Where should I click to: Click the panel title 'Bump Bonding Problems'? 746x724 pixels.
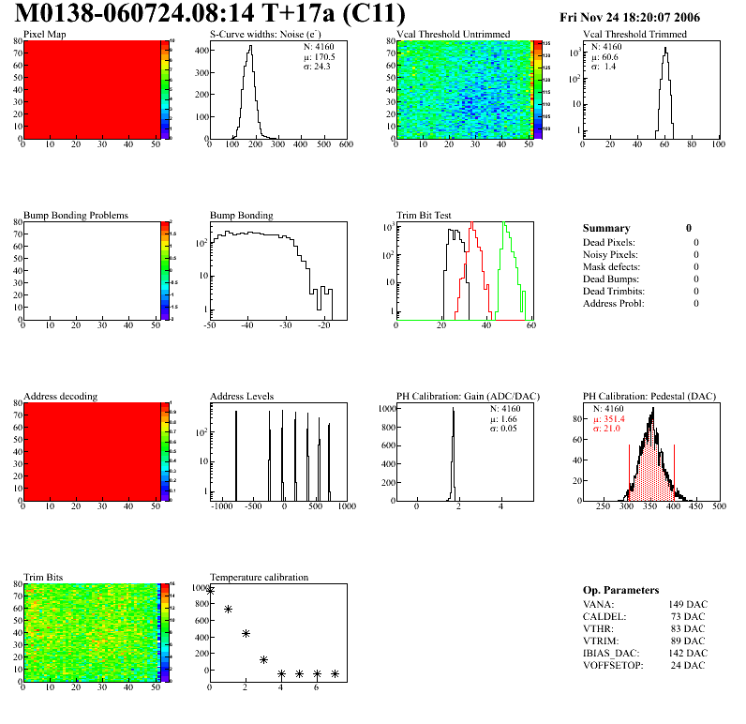pyautogui.click(x=76, y=215)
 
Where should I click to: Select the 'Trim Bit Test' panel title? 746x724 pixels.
pyautogui.click(x=424, y=215)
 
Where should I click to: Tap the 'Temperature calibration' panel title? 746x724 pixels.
pyautogui.click(x=259, y=577)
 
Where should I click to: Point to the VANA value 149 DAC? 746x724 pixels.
pyautogui.click(x=689, y=604)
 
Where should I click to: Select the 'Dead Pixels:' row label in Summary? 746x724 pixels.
pyautogui.click(x=610, y=242)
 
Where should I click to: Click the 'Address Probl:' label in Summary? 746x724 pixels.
pyautogui.click(x=615, y=303)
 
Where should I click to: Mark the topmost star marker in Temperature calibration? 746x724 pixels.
pyautogui.click(x=210, y=590)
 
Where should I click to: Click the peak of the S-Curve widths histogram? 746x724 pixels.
pyautogui.click(x=249, y=47)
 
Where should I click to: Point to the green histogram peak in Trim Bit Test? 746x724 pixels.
pyautogui.click(x=504, y=223)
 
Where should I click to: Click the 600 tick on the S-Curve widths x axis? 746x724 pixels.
pyautogui.click(x=346, y=144)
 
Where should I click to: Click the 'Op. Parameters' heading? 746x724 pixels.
pyautogui.click(x=620, y=590)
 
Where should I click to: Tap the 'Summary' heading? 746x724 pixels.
pyautogui.click(x=606, y=228)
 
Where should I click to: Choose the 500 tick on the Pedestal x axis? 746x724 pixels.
pyautogui.click(x=719, y=506)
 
